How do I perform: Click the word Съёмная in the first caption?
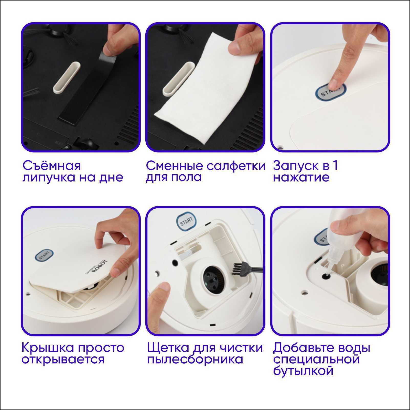(x=51, y=166)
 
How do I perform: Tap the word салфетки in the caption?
(x=236, y=166)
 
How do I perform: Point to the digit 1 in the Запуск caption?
(x=335, y=166)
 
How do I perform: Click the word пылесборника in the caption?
(x=195, y=359)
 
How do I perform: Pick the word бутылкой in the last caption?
(x=303, y=371)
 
